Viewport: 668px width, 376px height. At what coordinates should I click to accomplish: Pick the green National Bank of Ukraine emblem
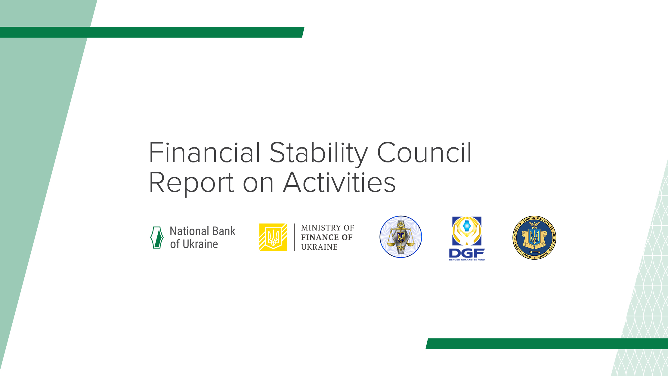pos(157,237)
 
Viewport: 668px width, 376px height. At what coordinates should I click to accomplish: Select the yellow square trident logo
pos(273,237)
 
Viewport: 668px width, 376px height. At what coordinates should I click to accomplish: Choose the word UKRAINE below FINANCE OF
pos(319,247)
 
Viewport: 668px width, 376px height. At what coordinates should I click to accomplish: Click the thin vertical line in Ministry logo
pos(294,237)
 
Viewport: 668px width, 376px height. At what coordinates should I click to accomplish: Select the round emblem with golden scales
pos(400,237)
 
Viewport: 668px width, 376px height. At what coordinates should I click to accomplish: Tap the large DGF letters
pos(467,253)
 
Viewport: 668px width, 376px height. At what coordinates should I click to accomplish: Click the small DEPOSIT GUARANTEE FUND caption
pos(467,260)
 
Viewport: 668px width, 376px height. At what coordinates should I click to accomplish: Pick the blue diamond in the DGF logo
pos(467,226)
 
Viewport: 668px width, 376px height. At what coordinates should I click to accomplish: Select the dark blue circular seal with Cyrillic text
pos(534,237)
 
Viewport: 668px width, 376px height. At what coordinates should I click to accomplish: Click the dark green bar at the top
pos(150,32)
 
